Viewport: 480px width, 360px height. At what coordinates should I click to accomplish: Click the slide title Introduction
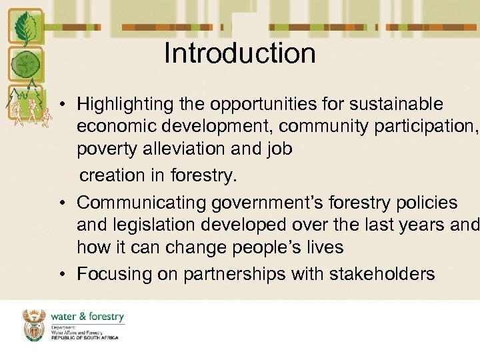coord(240,53)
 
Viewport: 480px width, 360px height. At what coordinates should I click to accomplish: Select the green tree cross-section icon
coord(25,65)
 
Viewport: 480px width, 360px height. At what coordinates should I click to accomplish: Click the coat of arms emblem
coord(34,325)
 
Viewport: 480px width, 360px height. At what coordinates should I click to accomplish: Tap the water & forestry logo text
coord(87,317)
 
